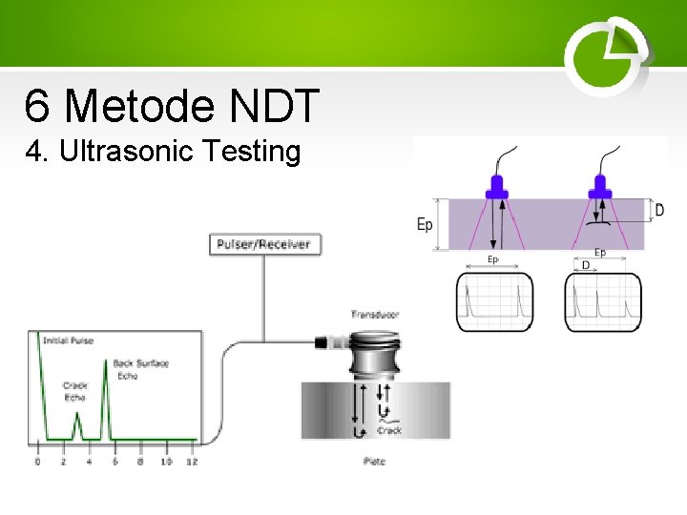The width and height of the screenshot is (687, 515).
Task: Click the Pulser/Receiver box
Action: click(263, 244)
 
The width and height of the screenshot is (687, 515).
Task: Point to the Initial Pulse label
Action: click(69, 340)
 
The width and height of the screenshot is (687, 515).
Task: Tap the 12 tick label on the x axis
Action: click(191, 462)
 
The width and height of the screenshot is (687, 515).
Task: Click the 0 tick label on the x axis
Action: click(37, 462)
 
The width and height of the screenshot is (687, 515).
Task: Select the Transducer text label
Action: click(375, 314)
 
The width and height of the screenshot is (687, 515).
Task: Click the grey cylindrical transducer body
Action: click(376, 355)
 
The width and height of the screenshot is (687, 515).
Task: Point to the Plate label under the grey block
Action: click(375, 462)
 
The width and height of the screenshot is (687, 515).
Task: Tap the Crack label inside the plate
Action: click(389, 431)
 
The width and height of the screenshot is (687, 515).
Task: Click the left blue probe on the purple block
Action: click(496, 186)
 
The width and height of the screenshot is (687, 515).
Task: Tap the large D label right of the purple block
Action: click(659, 210)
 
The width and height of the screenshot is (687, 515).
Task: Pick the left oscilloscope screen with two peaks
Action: click(494, 301)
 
